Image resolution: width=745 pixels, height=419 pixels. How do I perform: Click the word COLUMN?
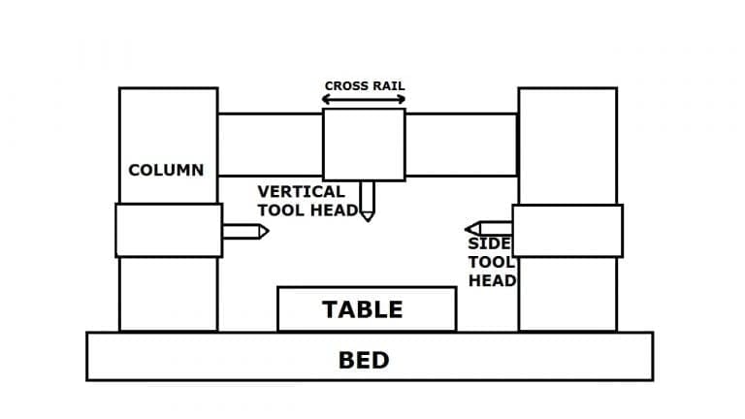coord(166,170)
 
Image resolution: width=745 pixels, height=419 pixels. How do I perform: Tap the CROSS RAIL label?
coord(364,86)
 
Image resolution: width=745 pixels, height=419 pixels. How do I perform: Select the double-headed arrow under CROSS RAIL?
coord(364,99)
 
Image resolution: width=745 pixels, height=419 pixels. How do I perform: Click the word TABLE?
coord(362,309)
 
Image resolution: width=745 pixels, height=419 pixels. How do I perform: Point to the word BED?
coord(364,361)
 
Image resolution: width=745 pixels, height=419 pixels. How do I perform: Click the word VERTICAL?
coord(301,192)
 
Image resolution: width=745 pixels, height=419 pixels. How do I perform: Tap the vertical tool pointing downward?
coord(367,200)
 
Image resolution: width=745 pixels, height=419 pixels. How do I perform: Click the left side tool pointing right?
coord(244,232)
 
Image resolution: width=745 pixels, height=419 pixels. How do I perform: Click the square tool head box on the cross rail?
coord(364,144)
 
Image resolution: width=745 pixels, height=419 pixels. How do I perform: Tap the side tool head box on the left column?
coord(168,230)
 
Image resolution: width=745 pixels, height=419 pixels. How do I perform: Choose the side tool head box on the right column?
coord(567,231)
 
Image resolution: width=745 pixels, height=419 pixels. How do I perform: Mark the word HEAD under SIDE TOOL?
coord(492,280)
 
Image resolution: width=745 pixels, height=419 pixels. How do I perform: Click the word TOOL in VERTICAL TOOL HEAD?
coord(281,210)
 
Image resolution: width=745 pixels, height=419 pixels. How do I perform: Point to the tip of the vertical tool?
coord(367,219)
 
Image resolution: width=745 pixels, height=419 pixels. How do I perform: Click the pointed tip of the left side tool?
coord(267,232)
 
